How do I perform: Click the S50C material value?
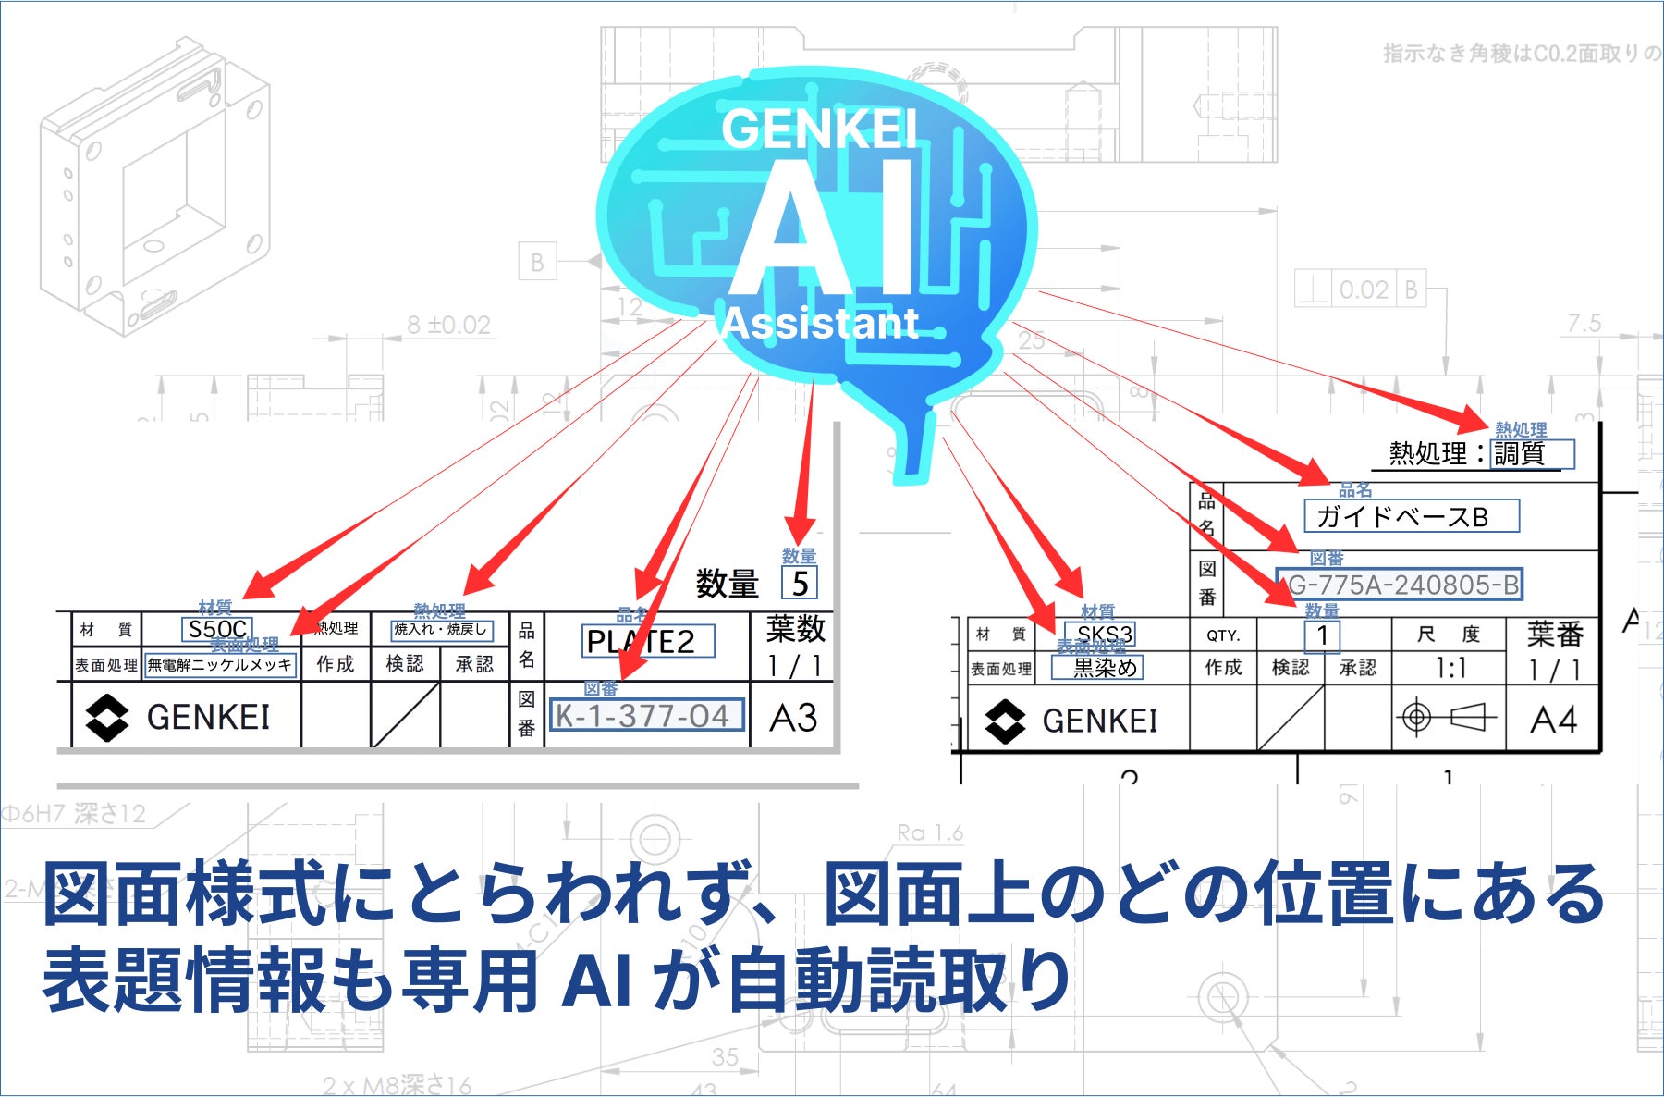click(x=217, y=630)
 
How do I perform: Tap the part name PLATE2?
click(x=647, y=641)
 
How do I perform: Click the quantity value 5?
click(x=800, y=583)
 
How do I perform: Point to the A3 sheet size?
click(x=793, y=717)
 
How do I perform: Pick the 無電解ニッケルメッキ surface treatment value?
click(x=220, y=665)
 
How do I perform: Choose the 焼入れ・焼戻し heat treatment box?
click(x=441, y=630)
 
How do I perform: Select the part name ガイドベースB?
click(x=1410, y=516)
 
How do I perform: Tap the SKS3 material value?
click(x=1104, y=635)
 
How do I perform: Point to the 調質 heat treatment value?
click(x=1531, y=453)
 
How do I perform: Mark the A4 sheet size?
click(x=1553, y=719)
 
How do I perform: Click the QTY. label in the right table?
click(x=1222, y=635)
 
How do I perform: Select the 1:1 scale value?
click(x=1450, y=668)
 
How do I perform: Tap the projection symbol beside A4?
click(x=1449, y=717)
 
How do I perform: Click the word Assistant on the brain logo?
click(x=821, y=323)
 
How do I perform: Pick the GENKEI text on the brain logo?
click(x=818, y=129)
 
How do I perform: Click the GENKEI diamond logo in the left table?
click(x=106, y=718)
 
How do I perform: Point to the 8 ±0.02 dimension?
click(x=449, y=325)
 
